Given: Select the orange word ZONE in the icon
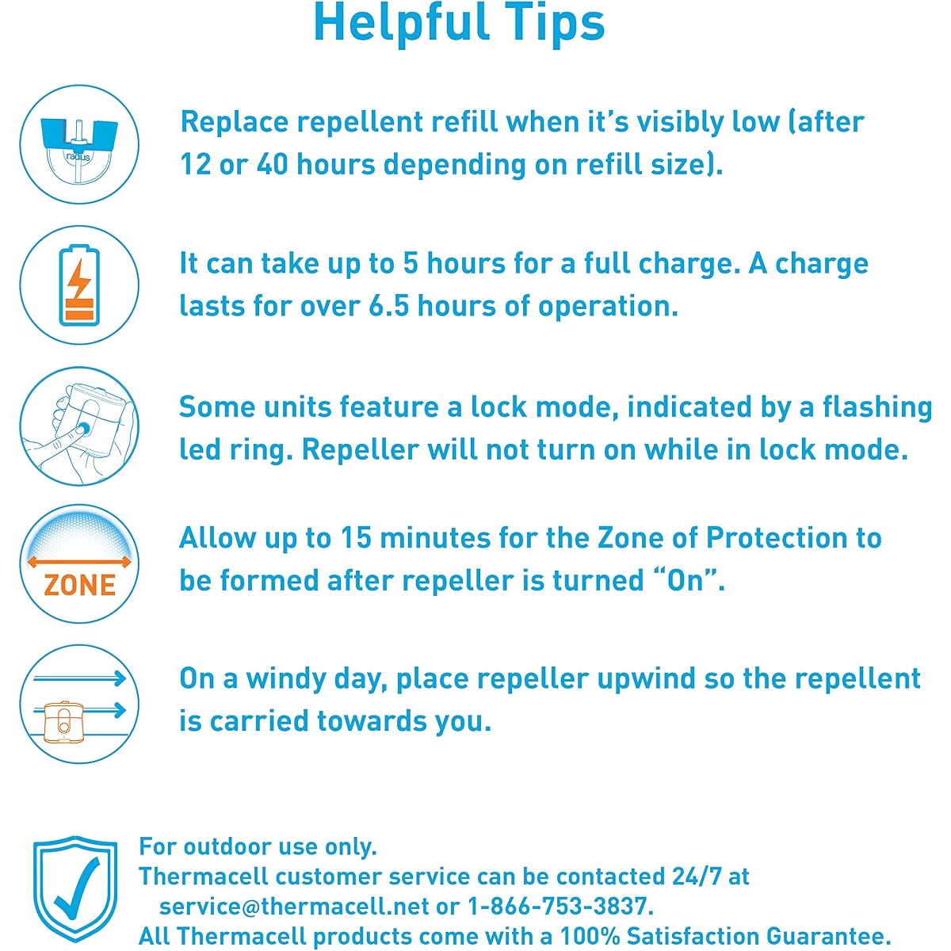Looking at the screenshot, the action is tap(79, 585).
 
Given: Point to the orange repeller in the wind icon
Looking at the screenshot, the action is tap(64, 721).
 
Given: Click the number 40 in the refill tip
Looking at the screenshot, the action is tap(272, 164).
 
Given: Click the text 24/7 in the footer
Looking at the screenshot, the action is tap(697, 877).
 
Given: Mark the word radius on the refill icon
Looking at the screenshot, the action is tap(78, 158).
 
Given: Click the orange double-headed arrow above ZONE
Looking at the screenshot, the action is tap(79, 562).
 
